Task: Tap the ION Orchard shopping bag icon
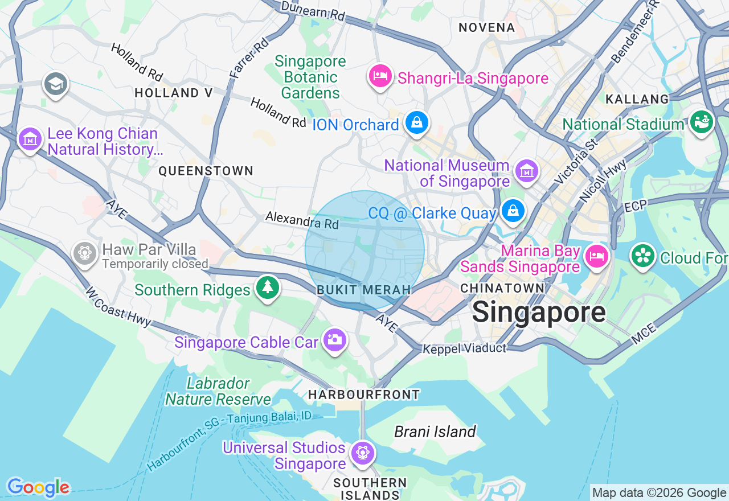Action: coord(417,122)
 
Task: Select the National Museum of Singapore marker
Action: coord(526,171)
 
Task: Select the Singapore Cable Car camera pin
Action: coord(334,340)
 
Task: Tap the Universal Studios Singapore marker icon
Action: coord(363,453)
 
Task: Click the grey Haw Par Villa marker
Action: coord(85,252)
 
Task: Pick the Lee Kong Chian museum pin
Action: coord(30,139)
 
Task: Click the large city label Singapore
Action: coord(539,312)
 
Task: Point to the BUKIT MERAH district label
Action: coord(364,290)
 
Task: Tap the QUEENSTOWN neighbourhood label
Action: coord(206,171)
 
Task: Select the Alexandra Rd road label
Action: coord(302,220)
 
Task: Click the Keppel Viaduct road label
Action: coord(464,348)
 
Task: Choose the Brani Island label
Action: coord(435,432)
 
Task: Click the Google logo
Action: coord(38,487)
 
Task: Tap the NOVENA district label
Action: coord(486,27)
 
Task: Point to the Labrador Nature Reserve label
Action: coord(218,391)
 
